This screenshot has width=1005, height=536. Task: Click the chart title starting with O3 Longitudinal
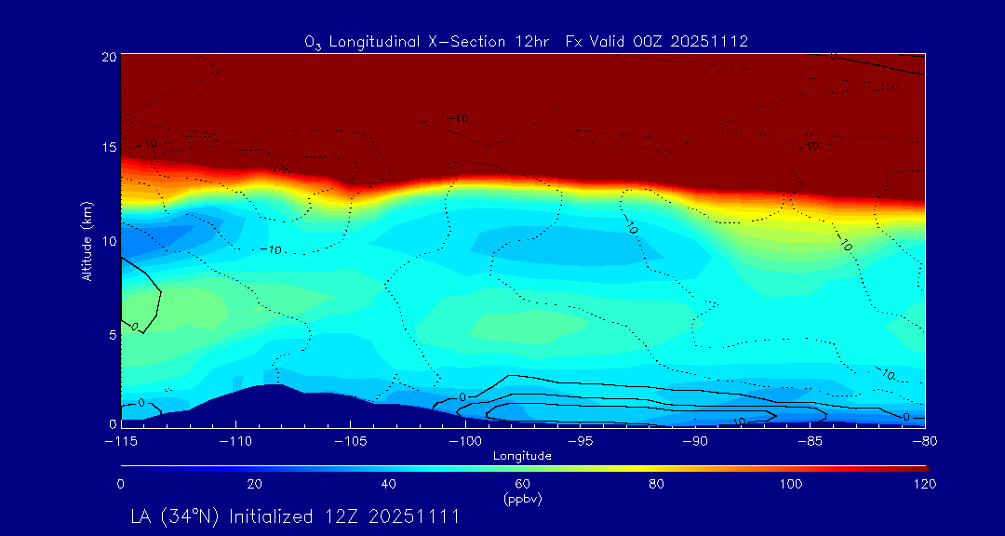[527, 42]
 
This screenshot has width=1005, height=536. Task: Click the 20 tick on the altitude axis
[109, 57]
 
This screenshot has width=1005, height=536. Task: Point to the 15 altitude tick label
[109, 148]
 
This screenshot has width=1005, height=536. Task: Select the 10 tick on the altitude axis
[109, 240]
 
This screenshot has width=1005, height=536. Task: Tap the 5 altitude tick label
[112, 332]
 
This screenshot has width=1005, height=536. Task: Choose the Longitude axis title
[522, 456]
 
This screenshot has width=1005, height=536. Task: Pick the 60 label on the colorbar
[522, 484]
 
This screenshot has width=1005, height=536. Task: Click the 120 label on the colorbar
[924, 484]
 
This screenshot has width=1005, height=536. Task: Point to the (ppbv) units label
[522, 499]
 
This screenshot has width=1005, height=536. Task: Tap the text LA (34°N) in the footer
[175, 516]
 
